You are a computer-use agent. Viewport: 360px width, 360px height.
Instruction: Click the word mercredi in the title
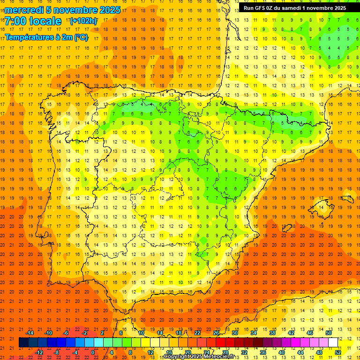[x=25, y=10]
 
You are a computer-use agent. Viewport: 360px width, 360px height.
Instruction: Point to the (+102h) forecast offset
[x=83, y=21]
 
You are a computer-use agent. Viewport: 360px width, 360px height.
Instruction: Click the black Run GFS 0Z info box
[x=294, y=8]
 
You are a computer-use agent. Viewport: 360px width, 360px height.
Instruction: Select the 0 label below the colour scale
[x=93, y=352]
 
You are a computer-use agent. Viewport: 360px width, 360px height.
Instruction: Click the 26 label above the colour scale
[x=216, y=333]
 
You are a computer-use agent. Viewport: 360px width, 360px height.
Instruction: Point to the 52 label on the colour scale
[x=338, y=352]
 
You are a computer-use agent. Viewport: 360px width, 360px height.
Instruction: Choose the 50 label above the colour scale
[x=329, y=333]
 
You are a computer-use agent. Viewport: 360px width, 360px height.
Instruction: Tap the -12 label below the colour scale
[x=39, y=352]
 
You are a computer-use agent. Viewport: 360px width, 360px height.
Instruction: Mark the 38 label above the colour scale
[x=272, y=333]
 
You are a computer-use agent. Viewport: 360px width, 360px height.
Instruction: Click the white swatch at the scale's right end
[x=333, y=343]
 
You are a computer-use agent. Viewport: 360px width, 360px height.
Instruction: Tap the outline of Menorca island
[x=347, y=199]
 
